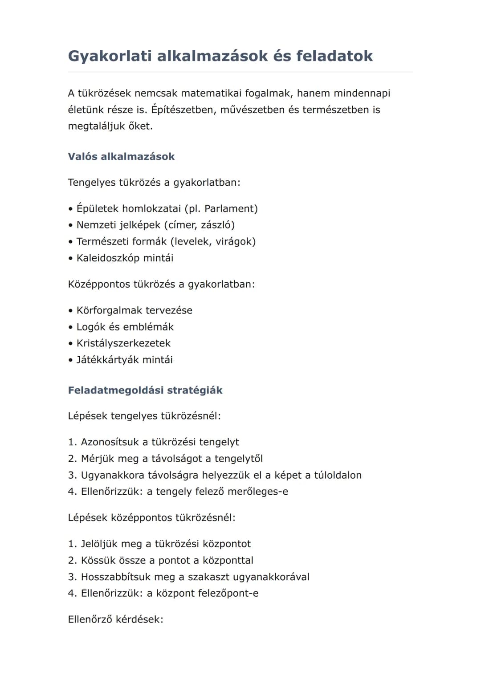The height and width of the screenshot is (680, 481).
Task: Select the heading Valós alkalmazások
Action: click(121, 157)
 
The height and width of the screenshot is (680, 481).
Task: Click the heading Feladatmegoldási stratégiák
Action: click(145, 391)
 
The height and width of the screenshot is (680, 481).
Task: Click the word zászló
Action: click(217, 225)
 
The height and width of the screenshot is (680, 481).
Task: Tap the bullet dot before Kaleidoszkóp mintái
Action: click(70, 259)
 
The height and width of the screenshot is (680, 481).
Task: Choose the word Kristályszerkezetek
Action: click(123, 343)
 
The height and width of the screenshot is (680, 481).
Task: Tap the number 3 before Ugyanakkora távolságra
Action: click(71, 475)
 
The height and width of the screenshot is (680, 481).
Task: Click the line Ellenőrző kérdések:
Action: click(115, 619)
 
